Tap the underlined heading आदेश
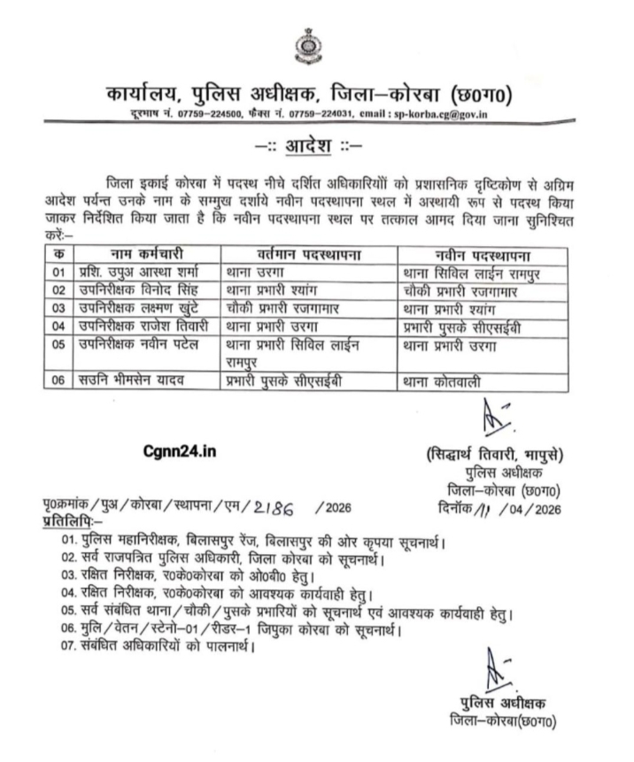point(316,142)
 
